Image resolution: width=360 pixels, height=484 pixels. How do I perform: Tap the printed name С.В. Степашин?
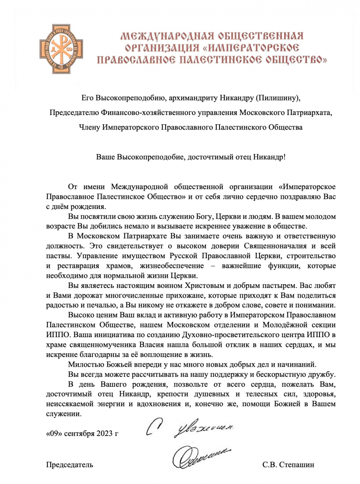(288, 465)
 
